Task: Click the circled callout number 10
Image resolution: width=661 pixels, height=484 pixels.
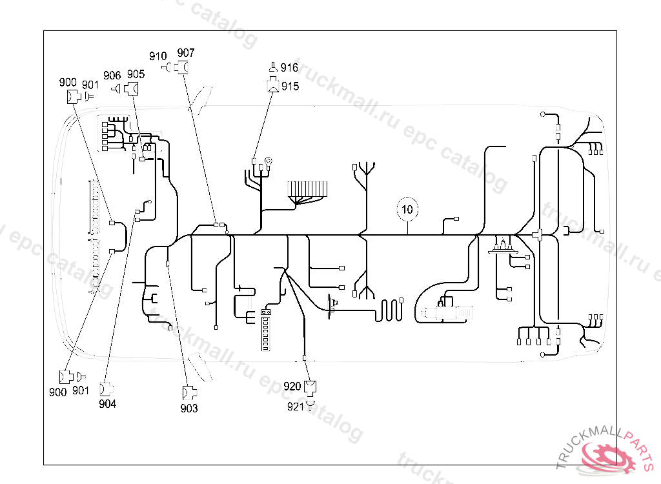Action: coord(407,209)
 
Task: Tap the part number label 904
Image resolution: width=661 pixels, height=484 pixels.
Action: coord(108,404)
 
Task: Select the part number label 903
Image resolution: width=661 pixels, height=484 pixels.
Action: coord(189,408)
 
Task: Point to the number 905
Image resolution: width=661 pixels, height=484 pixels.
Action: coord(136,75)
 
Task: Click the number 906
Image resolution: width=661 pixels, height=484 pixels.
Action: coord(112,76)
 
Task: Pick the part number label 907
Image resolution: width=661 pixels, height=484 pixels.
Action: coord(186,53)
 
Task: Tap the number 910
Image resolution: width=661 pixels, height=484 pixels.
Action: coord(158,56)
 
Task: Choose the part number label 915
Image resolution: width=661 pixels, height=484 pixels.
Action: coord(290,86)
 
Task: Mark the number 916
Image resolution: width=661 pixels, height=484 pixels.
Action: coord(289,68)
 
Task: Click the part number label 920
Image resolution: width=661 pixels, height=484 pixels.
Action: coord(292,386)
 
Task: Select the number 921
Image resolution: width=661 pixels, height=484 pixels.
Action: coord(295,407)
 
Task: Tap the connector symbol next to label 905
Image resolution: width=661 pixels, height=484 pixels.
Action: coord(133,89)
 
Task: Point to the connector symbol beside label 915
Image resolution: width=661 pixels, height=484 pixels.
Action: coord(273,85)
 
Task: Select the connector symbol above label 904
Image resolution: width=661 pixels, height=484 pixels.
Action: coord(106,389)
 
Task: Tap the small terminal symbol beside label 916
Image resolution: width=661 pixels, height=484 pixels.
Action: coord(273,67)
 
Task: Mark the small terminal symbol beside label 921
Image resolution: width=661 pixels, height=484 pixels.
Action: coord(310,405)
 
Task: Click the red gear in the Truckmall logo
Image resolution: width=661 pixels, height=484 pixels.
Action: coord(605,458)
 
